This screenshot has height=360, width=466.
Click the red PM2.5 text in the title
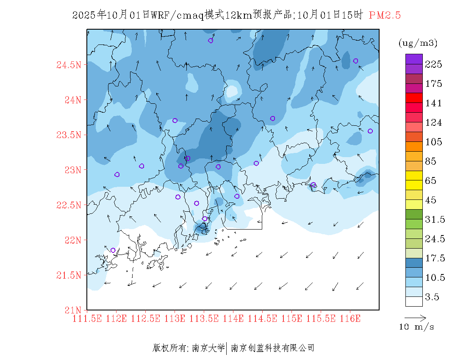[385, 15]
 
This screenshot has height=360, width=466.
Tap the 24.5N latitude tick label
[69, 65]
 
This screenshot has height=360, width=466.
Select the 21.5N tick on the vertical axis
[69, 275]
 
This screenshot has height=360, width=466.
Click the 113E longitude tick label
[175, 318]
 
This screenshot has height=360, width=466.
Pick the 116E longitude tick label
[350, 318]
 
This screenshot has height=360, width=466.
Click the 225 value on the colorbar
[433, 64]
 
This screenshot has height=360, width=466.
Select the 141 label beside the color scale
[433, 103]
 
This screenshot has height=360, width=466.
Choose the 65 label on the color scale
[431, 181]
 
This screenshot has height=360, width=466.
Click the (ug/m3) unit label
[418, 43]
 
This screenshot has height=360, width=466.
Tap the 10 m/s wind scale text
[416, 327]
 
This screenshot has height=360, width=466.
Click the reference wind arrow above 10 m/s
[415, 317]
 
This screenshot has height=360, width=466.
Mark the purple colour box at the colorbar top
[414, 59]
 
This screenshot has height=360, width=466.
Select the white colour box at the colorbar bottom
[414, 301]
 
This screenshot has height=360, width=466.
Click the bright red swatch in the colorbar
[414, 98]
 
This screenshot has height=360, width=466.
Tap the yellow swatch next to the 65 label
[414, 175]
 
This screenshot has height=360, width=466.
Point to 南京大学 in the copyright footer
[208, 348]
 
